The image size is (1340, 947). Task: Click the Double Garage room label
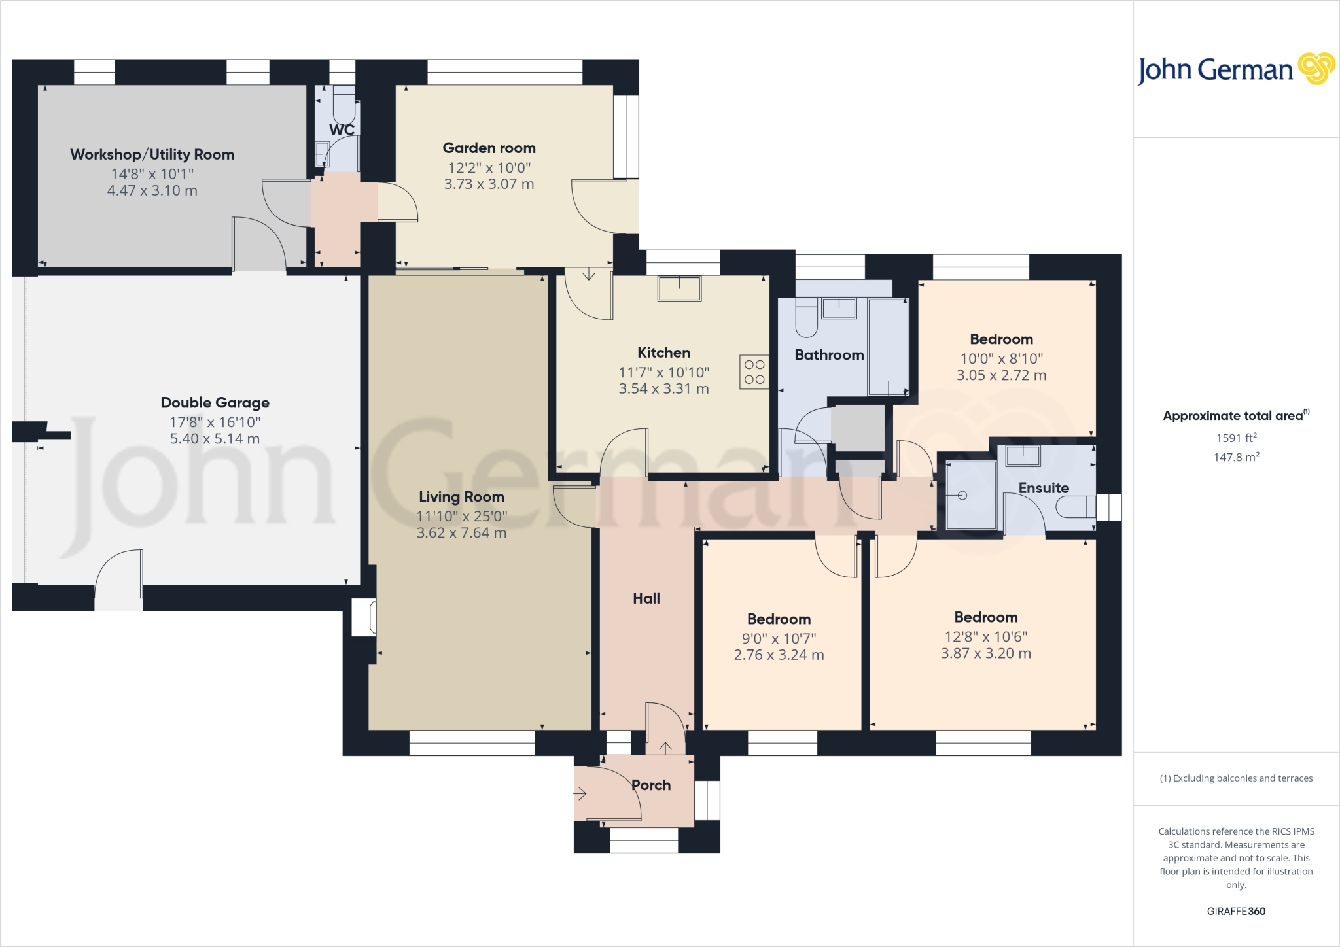pyautogui.click(x=215, y=403)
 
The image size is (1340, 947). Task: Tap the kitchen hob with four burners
pyautogui.click(x=754, y=372)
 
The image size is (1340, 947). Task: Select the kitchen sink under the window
pyautogui.click(x=679, y=288)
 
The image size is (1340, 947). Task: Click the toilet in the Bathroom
pyautogui.click(x=806, y=318)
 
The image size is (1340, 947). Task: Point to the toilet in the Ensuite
pyautogui.click(x=1076, y=506)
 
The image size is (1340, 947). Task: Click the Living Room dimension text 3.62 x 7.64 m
pyautogui.click(x=461, y=533)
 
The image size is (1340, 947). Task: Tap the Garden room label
pyautogui.click(x=489, y=148)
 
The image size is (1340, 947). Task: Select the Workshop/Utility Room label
pyautogui.click(x=152, y=155)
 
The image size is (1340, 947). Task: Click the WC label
pyautogui.click(x=342, y=130)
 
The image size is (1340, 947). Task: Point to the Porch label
pyautogui.click(x=651, y=785)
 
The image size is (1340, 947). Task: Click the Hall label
pyautogui.click(x=646, y=598)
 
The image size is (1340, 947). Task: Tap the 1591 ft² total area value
pyautogui.click(x=1236, y=438)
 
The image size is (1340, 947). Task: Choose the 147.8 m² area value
pyautogui.click(x=1236, y=457)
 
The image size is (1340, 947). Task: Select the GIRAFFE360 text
pyautogui.click(x=1236, y=911)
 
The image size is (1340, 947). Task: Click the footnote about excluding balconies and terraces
pyautogui.click(x=1236, y=778)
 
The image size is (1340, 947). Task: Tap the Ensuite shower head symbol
pyautogui.click(x=962, y=495)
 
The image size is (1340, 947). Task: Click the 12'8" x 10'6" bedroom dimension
pyautogui.click(x=985, y=637)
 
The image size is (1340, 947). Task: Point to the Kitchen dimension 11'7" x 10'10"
pyautogui.click(x=663, y=373)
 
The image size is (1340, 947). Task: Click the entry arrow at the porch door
pyautogui.click(x=580, y=794)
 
